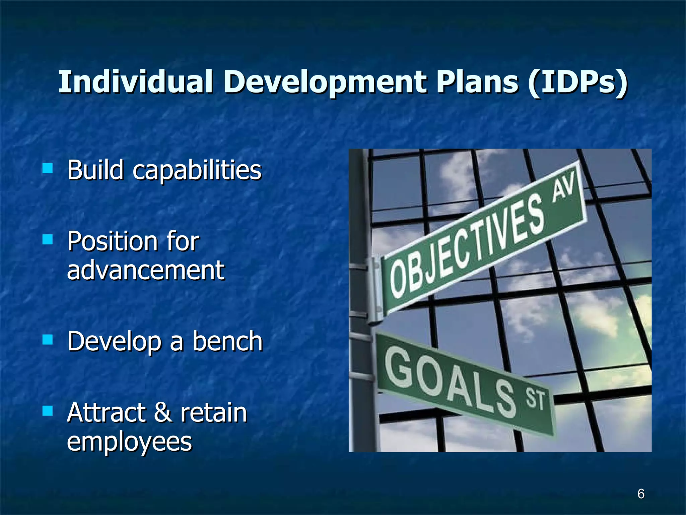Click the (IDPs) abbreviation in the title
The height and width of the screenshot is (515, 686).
point(577,82)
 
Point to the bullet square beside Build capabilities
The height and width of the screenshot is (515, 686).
point(48,168)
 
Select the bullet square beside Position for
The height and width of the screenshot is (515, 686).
point(48,239)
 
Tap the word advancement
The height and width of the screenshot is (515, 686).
point(146,270)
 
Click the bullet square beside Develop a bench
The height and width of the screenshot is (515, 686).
point(48,340)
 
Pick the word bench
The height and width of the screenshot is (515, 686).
point(227,341)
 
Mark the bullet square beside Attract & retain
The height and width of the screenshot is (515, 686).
point(48,411)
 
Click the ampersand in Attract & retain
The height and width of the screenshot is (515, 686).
point(163,413)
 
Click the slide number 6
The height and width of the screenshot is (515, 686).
point(641,494)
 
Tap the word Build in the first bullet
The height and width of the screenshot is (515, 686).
point(95,170)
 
